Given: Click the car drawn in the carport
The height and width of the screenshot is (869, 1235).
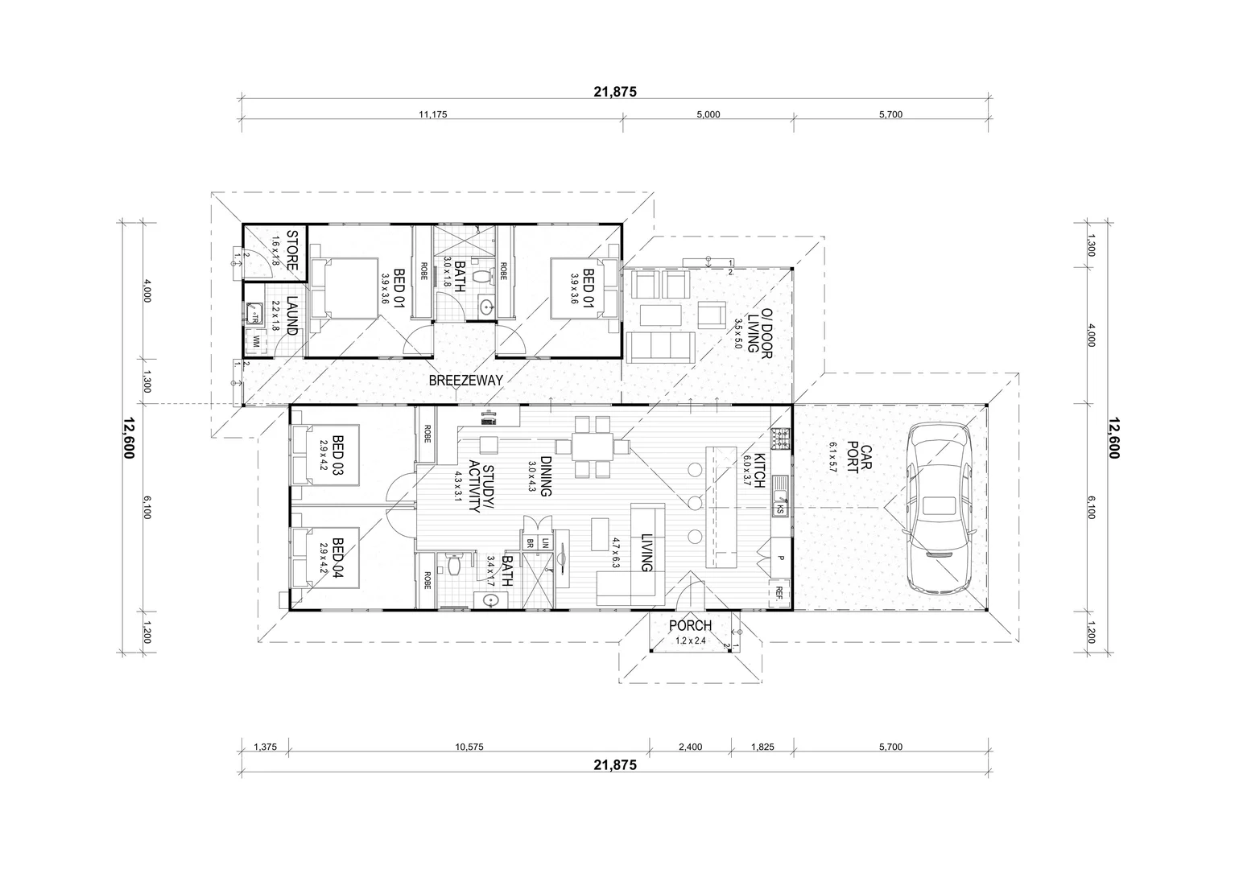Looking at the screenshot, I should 938,508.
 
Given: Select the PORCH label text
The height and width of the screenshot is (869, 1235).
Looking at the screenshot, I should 690,625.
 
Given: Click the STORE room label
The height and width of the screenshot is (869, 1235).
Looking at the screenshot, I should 292,250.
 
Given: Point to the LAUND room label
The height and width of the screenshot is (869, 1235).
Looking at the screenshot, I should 291,316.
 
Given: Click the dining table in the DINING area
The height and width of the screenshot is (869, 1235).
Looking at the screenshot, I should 595,447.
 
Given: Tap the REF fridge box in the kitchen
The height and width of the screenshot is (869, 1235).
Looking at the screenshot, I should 779,594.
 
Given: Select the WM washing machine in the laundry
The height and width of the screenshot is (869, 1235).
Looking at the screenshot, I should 257,342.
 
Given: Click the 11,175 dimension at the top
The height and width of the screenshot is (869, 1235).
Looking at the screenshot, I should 432,114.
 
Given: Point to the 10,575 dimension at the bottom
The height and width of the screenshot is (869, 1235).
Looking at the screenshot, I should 469,747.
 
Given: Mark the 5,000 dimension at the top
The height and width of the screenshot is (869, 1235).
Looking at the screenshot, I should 708,114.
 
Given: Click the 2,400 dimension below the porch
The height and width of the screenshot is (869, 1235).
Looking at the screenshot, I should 690,747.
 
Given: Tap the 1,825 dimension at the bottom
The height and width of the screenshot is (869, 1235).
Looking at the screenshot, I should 762,747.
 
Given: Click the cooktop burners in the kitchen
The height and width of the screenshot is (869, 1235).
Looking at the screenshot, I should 780,439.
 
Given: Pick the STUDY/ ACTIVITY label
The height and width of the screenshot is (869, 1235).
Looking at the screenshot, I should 473,487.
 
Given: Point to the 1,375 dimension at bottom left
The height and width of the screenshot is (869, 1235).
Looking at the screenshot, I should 265,747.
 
